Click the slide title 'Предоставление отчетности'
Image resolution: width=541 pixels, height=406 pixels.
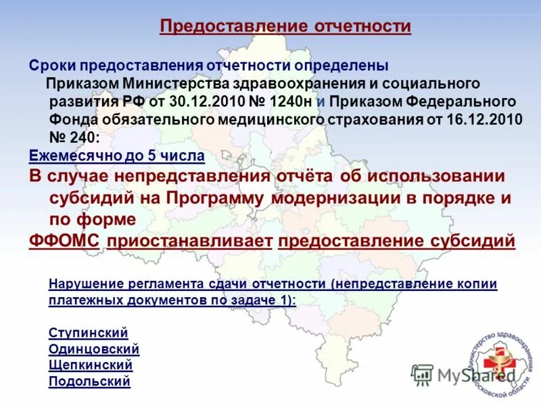coord(285,27)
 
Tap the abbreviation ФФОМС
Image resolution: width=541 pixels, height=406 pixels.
coord(66,242)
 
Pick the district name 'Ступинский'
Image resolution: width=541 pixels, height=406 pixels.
coord(89,333)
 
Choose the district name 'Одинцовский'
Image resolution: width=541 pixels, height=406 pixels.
coord(94,349)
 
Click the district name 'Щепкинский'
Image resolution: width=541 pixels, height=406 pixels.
coord(91,365)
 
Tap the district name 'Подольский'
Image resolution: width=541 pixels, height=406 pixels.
coord(89,382)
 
